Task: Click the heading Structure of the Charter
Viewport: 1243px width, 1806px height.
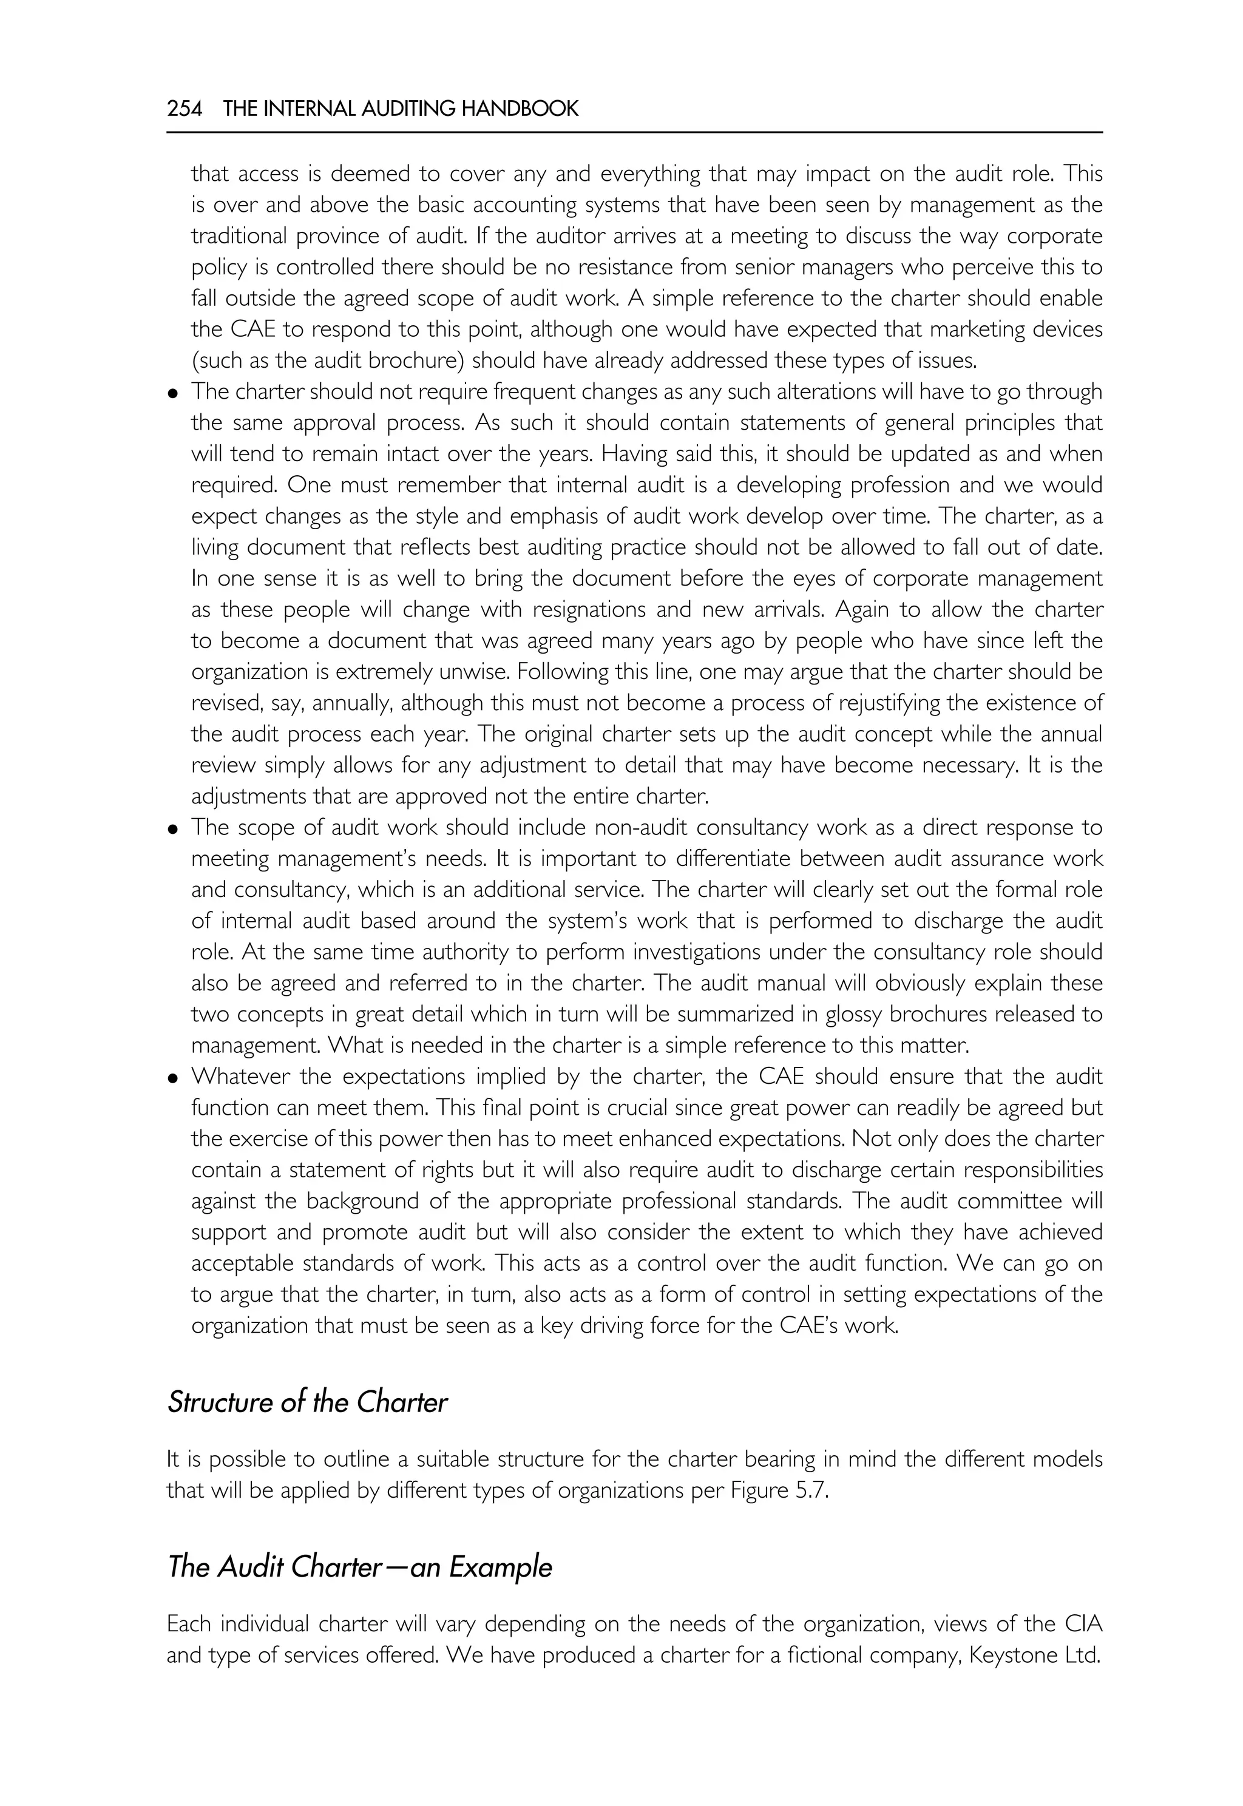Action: (307, 1402)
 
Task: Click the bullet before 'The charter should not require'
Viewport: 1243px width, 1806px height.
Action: (173, 393)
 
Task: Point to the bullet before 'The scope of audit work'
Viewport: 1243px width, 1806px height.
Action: (173, 830)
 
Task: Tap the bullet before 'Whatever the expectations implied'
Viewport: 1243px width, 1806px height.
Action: (173, 1078)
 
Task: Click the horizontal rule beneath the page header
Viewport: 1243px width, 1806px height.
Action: (634, 132)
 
